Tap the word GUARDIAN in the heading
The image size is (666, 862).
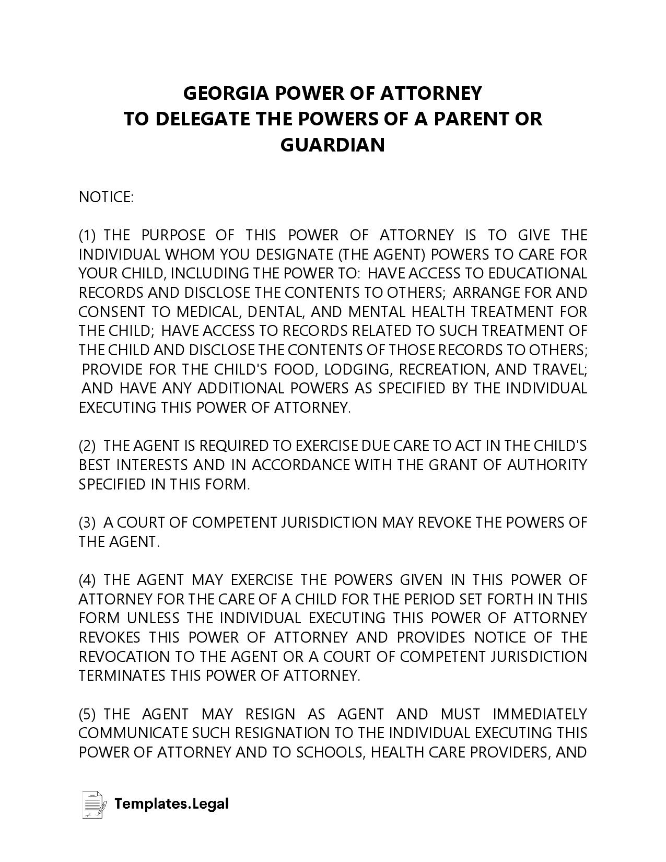coord(333,145)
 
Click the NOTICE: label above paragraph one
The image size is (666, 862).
coord(106,197)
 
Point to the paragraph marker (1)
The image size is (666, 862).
coord(87,235)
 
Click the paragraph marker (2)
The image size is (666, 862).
coord(87,446)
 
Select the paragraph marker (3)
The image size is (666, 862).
coord(87,522)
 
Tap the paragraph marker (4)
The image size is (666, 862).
coord(87,580)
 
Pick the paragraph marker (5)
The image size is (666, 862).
coord(87,714)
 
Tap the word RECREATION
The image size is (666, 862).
coord(443,369)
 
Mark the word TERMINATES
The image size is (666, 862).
coord(122,675)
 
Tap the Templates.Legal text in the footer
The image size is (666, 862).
coord(171,803)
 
